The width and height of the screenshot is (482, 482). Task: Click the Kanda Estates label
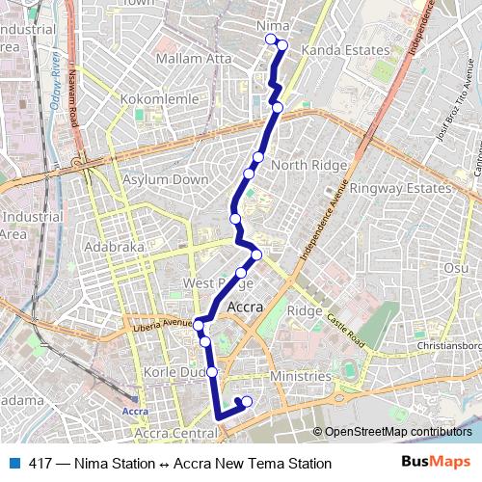[346, 49]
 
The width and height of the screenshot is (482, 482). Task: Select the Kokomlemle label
[161, 99]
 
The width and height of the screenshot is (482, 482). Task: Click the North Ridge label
[308, 165]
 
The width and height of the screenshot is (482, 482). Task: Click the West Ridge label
[217, 282]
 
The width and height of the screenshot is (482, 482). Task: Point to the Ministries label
[301, 376]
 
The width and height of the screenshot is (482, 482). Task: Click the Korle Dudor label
[170, 371]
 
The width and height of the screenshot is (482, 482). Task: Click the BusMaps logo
[436, 463]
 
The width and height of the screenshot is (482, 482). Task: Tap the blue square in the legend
[13, 464]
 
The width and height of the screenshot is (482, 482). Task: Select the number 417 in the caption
[40, 464]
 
